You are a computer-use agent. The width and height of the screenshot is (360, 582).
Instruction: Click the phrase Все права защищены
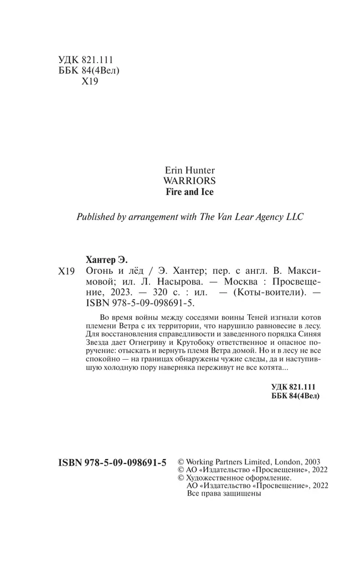pos(224,493)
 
